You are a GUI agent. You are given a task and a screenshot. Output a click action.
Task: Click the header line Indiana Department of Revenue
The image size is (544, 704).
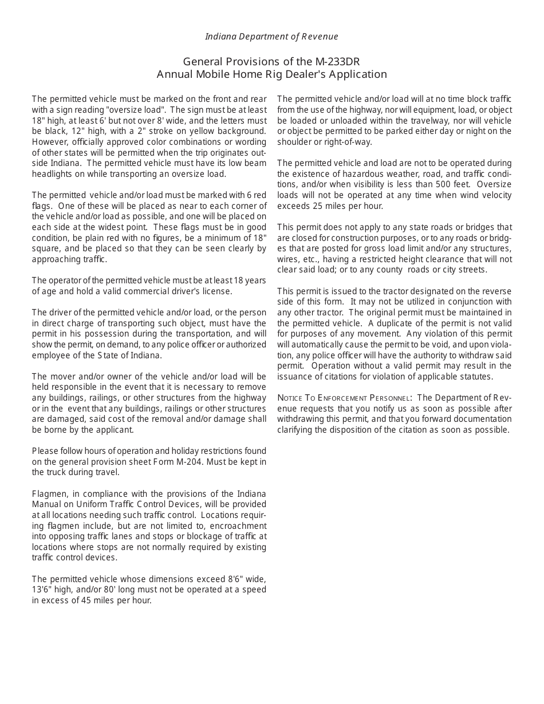click(x=271, y=37)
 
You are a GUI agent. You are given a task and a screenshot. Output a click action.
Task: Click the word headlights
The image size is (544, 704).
click(x=52, y=174)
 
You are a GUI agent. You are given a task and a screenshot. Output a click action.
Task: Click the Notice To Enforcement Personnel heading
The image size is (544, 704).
click(x=344, y=398)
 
